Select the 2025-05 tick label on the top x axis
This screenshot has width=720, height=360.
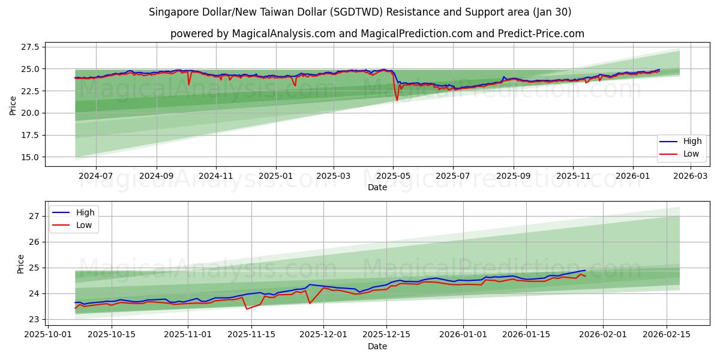(393, 176)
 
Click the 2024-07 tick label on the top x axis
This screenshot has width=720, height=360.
(95, 176)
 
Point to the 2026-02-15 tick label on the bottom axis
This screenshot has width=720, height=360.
(667, 335)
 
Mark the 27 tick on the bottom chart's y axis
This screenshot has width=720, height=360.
(34, 216)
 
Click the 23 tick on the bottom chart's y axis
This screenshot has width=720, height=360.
(34, 320)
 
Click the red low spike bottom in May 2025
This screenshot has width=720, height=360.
(397, 100)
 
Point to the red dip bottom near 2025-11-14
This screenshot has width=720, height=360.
(247, 309)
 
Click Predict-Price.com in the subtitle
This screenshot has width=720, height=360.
(541, 34)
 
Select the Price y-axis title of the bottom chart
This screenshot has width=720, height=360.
(21, 264)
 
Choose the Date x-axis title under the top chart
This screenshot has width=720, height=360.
(377, 188)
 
